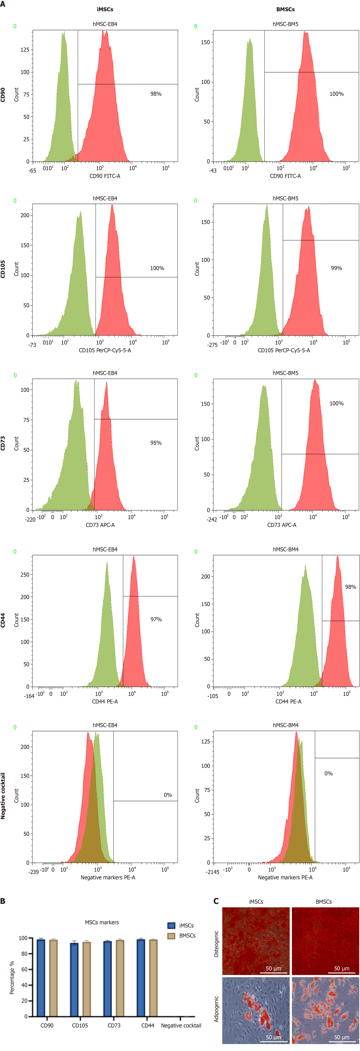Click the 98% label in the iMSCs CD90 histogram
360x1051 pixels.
(x=156, y=94)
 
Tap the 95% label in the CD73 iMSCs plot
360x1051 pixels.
(x=156, y=443)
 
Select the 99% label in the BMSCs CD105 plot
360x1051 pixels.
(x=336, y=268)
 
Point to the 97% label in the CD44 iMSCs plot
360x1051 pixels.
(x=156, y=619)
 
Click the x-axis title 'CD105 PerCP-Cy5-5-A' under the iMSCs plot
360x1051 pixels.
(x=105, y=351)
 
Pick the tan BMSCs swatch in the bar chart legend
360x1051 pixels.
(x=171, y=935)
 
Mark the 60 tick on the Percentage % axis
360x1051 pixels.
(x=24, y=969)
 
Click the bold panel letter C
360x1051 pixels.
(x=216, y=901)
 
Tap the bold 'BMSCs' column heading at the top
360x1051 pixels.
(x=285, y=9)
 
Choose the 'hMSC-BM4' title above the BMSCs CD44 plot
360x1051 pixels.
(x=285, y=549)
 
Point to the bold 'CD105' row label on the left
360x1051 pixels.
(x=3, y=269)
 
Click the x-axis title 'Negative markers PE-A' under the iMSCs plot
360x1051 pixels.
(x=108, y=878)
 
